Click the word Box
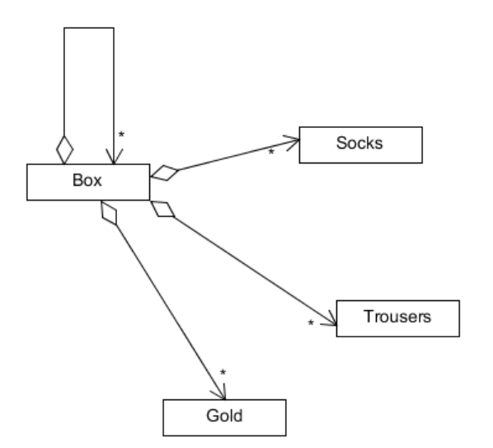click(87, 180)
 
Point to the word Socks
click(359, 143)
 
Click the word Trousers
click(397, 317)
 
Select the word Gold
click(224, 416)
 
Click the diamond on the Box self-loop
click(64, 150)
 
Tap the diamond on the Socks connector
click(164, 173)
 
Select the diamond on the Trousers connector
click(162, 209)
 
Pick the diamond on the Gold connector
click(109, 213)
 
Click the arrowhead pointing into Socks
click(293, 143)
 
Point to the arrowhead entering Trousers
click(330, 318)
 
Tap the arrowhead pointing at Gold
click(219, 392)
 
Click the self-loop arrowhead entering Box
click(114, 157)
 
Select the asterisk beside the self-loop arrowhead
click(121, 134)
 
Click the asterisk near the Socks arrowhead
click(271, 152)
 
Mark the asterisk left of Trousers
click(311, 323)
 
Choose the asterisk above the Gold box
click(223, 372)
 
